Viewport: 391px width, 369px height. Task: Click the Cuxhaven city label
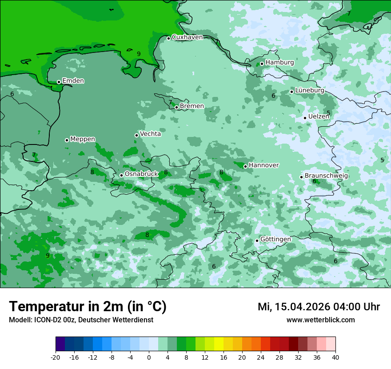point(187,37)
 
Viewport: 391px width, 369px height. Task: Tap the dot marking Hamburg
point(262,64)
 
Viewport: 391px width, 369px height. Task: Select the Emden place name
point(73,81)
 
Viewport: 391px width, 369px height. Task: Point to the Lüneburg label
point(309,90)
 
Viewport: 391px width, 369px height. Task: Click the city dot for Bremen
point(176,107)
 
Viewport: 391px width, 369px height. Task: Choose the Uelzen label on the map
point(319,116)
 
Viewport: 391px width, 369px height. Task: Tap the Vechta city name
point(150,134)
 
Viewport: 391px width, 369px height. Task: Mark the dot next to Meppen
point(67,140)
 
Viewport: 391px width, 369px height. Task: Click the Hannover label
point(263,165)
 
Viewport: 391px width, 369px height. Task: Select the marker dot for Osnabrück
point(121,175)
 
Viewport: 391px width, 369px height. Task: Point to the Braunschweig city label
point(326,176)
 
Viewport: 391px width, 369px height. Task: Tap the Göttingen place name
point(275,239)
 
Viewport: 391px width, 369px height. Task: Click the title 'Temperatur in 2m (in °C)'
point(88,307)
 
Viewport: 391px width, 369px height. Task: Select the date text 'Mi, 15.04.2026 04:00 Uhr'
point(319,307)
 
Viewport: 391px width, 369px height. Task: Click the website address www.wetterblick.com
point(320,320)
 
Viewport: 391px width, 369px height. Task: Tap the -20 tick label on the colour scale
point(55,357)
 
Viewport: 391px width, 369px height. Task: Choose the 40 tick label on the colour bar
point(335,357)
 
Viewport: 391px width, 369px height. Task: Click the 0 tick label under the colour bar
point(149,357)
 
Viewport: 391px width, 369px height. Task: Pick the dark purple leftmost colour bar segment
point(60,344)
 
